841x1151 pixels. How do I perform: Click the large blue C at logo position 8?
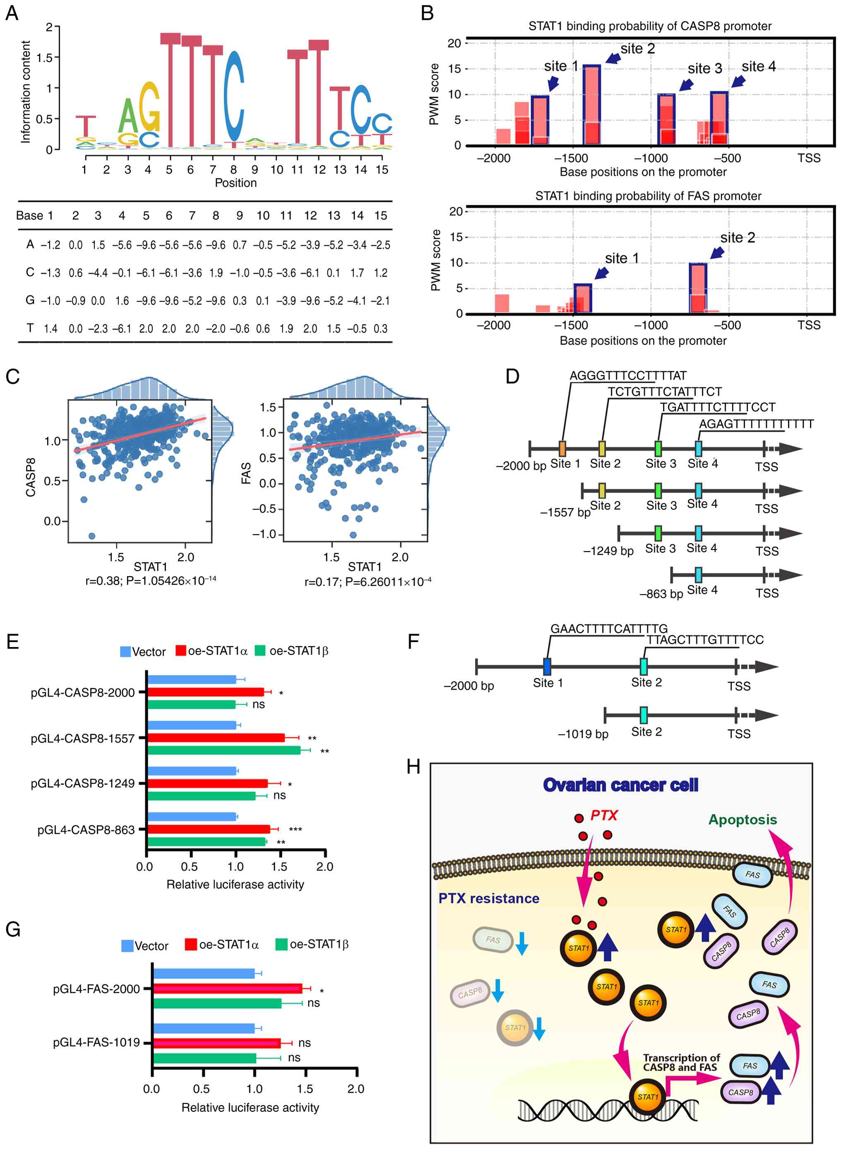pos(234,97)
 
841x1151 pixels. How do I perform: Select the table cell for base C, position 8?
pos(216,273)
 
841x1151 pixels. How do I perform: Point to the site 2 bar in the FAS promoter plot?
pos(698,288)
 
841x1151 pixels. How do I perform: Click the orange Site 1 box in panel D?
pos(562,448)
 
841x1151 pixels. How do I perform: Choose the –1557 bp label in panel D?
pos(565,512)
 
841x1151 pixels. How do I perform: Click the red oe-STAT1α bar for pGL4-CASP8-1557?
pos(216,737)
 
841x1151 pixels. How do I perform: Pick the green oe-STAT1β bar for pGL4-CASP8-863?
pos(207,842)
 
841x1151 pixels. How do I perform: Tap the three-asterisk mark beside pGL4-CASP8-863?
pos(295,830)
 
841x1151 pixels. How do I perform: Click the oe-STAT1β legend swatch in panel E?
pos(260,650)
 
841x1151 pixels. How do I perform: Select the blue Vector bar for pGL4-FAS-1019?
pos(204,1029)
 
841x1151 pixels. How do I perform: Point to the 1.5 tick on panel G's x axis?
pos(305,1089)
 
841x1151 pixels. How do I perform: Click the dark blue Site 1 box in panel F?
pos(547,666)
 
